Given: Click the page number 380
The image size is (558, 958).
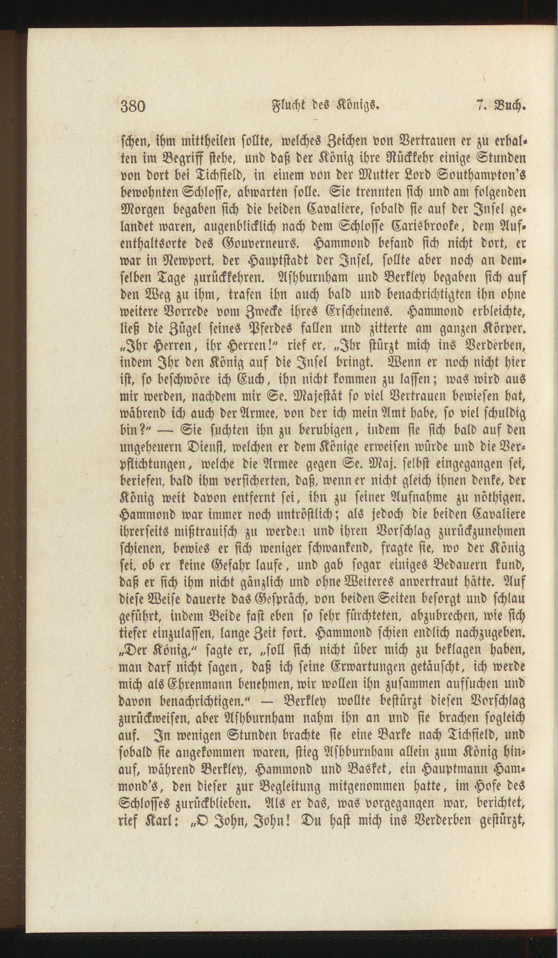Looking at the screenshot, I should [133, 106].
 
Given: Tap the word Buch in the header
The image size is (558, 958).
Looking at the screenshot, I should [511, 106].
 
